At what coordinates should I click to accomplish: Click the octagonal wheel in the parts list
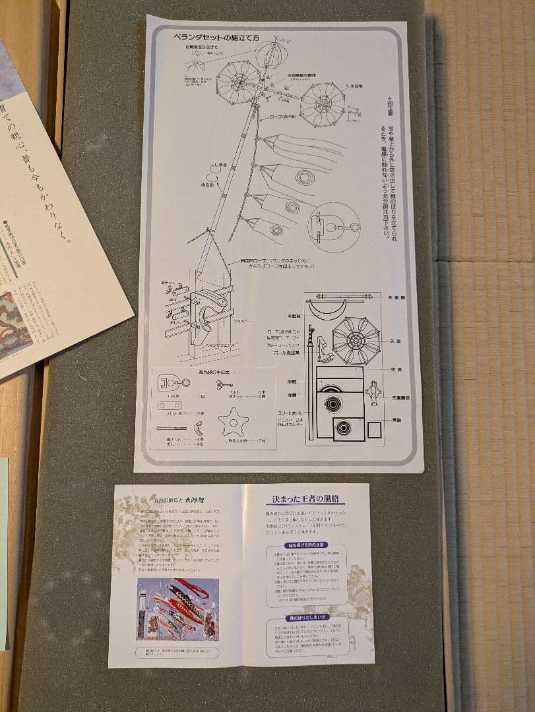[356, 340]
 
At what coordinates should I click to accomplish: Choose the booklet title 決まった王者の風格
[305, 500]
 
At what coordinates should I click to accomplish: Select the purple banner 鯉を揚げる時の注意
[305, 545]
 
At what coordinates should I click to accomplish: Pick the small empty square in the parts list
[374, 430]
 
